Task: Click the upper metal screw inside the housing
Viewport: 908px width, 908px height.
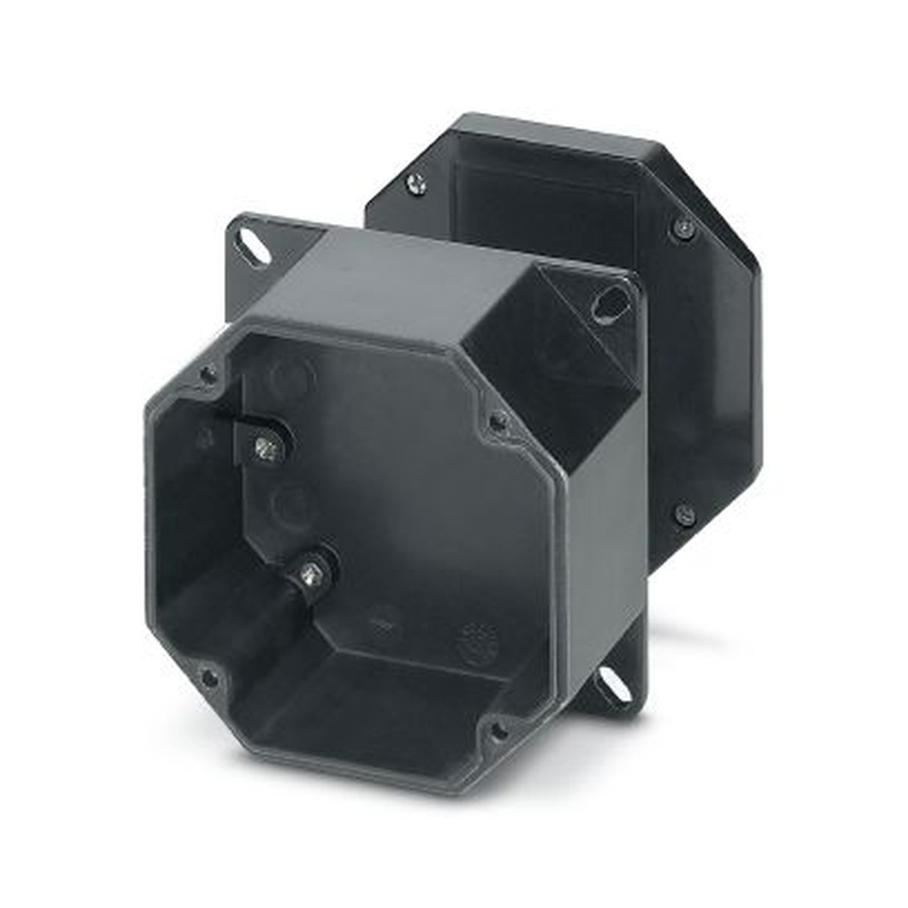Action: [265, 447]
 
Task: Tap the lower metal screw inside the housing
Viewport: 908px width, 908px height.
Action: [311, 572]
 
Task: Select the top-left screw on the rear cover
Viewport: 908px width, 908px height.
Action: [416, 184]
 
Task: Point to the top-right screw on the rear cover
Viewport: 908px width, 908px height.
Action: [683, 228]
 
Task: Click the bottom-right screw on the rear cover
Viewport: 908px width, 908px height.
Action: [685, 515]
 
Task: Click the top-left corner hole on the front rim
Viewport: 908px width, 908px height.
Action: [208, 374]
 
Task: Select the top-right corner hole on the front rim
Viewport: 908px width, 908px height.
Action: [498, 420]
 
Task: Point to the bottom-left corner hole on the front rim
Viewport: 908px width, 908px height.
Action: [209, 676]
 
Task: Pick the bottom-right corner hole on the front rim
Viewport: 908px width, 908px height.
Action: [498, 729]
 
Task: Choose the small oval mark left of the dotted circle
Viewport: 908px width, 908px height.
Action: [384, 624]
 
